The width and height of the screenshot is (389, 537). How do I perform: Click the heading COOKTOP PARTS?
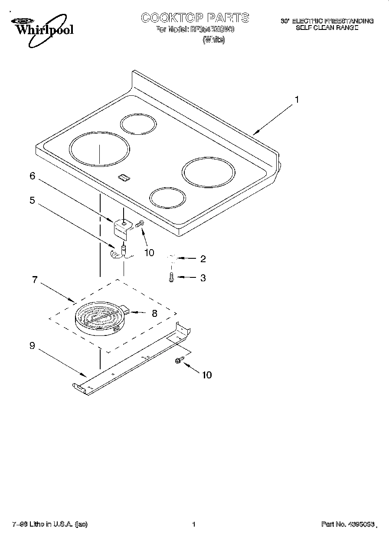[x=195, y=17]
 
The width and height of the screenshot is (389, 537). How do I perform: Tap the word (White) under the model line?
[x=214, y=40]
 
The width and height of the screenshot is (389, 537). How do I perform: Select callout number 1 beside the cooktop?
[x=297, y=100]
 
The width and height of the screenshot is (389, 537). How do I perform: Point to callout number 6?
[x=32, y=176]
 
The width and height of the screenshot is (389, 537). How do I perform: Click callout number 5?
[x=32, y=200]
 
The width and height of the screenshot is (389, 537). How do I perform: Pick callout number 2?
[x=203, y=259]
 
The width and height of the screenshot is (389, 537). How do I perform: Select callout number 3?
[x=203, y=278]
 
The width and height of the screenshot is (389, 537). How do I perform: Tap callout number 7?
[x=35, y=280]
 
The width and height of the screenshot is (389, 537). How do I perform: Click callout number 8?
[x=154, y=313]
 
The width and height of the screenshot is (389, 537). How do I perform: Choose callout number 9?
[x=32, y=346]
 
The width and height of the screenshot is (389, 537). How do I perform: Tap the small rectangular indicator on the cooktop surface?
[x=124, y=176]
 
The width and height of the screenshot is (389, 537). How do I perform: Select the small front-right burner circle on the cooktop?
[x=167, y=197]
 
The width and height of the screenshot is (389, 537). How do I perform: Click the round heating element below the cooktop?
[x=100, y=319]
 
